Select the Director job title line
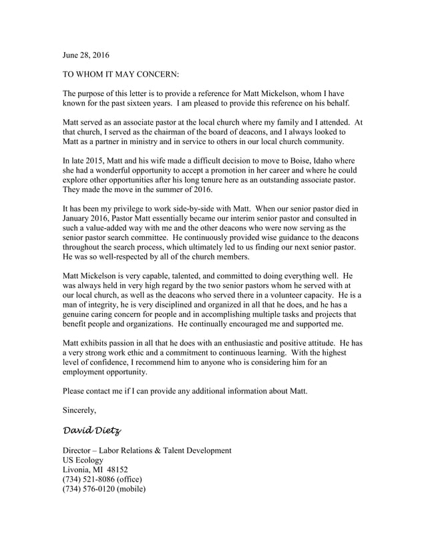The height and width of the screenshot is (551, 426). coord(147,451)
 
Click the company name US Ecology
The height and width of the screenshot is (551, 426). coord(83,460)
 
